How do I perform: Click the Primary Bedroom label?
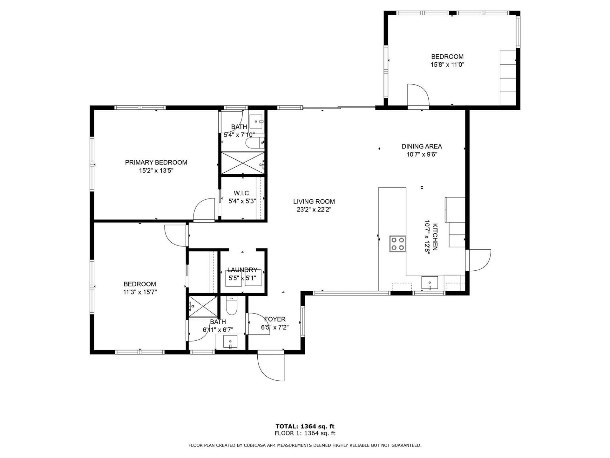(x=156, y=163)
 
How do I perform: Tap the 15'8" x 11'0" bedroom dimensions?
(x=447, y=65)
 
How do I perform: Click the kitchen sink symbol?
(x=430, y=282)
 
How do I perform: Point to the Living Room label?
(x=314, y=201)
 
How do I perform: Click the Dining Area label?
(x=422, y=146)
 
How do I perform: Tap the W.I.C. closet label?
(x=242, y=193)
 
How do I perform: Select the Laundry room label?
(x=242, y=270)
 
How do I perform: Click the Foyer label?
(x=275, y=319)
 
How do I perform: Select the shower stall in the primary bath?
(x=242, y=163)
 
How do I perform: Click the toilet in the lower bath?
(x=231, y=306)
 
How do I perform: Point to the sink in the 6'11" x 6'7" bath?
(x=230, y=342)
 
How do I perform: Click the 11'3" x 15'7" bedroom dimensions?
(x=140, y=292)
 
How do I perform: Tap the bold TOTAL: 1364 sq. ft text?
(x=305, y=427)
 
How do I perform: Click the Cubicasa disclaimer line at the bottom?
(x=305, y=445)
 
